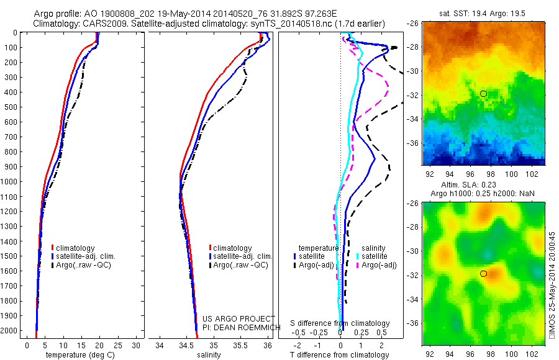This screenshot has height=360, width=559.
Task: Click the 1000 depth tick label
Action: [x=10, y=182]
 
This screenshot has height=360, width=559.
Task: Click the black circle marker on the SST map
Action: [x=483, y=94]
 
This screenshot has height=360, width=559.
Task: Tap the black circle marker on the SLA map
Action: [x=483, y=274]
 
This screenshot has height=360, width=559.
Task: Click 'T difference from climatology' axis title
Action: [x=339, y=355]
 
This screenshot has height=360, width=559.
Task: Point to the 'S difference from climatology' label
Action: [x=340, y=323]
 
